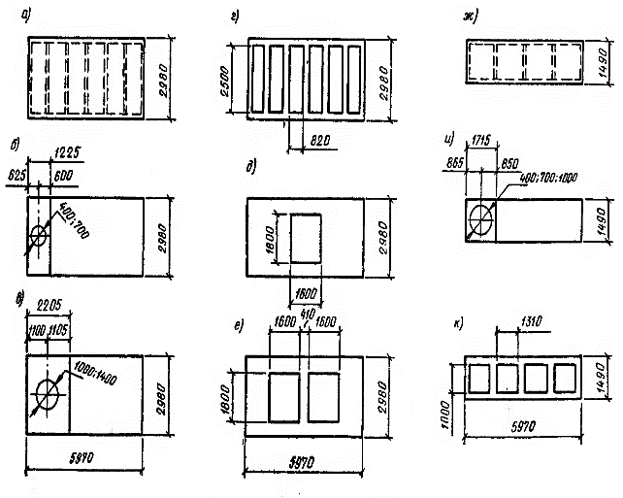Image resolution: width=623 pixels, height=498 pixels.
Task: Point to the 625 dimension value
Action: click(16, 175)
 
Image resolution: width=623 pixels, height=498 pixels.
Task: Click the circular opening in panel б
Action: click(40, 235)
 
